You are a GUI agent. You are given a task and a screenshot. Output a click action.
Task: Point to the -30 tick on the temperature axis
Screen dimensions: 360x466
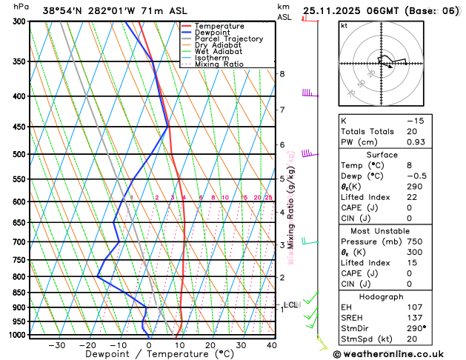pyautogui.click(x=56, y=345)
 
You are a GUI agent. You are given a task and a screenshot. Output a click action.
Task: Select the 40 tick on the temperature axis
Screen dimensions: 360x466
pyautogui.click(x=272, y=345)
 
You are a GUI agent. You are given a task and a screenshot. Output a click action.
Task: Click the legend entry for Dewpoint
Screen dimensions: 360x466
pyautogui.click(x=213, y=33)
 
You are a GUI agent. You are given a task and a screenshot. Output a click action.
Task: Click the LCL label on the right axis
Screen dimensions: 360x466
pyautogui.click(x=290, y=304)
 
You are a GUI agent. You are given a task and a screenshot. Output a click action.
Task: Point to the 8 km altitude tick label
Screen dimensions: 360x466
pyautogui.click(x=282, y=74)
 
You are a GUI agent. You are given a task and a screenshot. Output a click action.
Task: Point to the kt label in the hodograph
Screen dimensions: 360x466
pyautogui.click(x=344, y=26)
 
